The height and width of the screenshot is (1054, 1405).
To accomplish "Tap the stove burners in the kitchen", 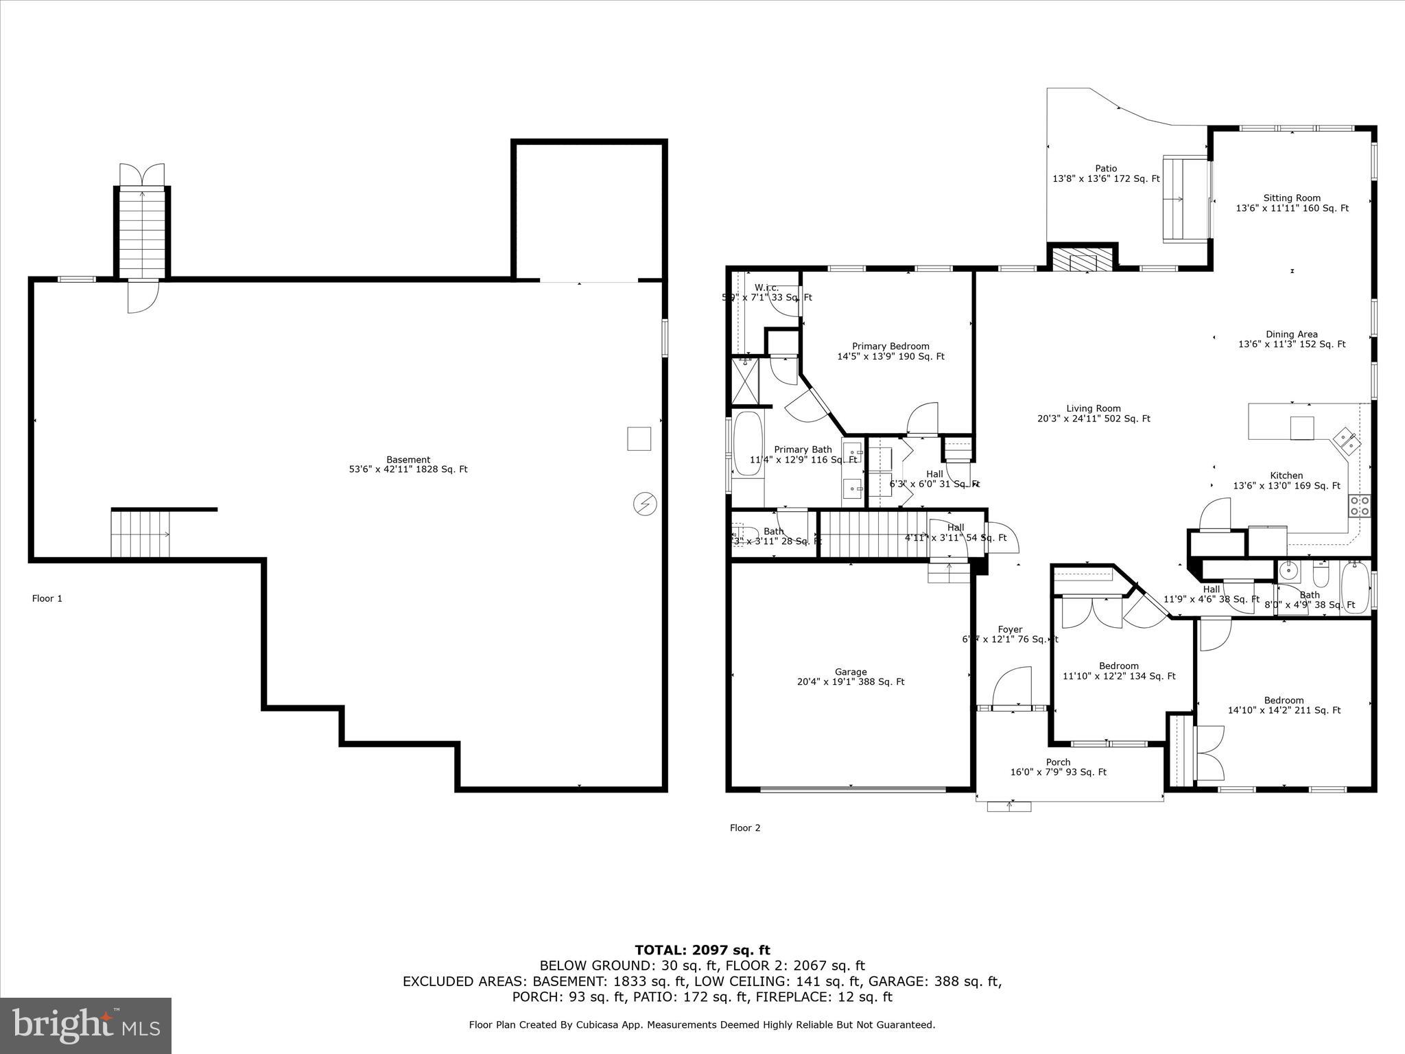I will [x=1360, y=506].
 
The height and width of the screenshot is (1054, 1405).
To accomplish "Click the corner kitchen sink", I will [x=1347, y=441].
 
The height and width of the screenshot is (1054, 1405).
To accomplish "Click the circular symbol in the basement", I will [x=645, y=504].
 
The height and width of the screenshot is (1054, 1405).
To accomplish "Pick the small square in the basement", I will [x=639, y=438].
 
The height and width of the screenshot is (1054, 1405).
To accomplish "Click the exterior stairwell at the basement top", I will [x=142, y=232].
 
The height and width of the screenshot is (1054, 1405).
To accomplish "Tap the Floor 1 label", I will [x=47, y=598].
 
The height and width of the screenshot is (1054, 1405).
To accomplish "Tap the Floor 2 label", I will [x=745, y=828].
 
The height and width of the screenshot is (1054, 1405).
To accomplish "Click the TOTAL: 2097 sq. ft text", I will [x=702, y=950].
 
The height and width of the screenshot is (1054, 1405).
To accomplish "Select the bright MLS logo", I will [x=86, y=1025].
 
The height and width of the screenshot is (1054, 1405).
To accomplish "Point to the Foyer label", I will [x=1010, y=629].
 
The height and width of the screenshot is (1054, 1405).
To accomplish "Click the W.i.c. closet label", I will [x=766, y=288].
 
